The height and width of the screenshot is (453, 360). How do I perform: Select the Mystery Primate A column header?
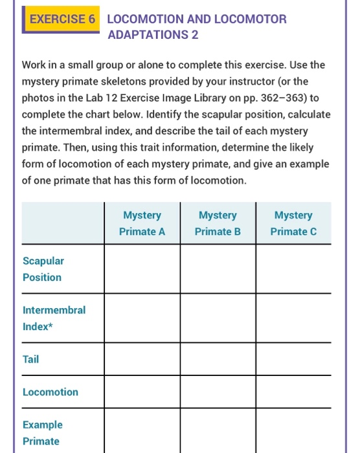pos(142,223)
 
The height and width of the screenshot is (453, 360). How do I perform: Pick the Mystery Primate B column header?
pos(218,223)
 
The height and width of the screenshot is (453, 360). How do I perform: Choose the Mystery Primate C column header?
pos(293,223)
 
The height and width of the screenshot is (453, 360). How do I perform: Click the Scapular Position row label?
pos(43,269)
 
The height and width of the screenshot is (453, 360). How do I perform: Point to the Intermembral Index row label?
pos(54,318)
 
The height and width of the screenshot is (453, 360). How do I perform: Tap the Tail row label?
pos(30,359)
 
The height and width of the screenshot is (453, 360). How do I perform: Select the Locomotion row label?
pos(51,392)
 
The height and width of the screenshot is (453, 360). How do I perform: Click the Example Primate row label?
pos(43,433)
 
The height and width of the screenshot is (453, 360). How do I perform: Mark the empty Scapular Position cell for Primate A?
pos(142,269)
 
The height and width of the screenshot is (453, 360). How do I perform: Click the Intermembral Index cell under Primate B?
pos(218,318)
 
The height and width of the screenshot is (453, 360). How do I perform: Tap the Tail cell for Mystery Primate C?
pos(293,359)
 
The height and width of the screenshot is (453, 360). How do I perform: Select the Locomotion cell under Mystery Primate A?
pos(142,392)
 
